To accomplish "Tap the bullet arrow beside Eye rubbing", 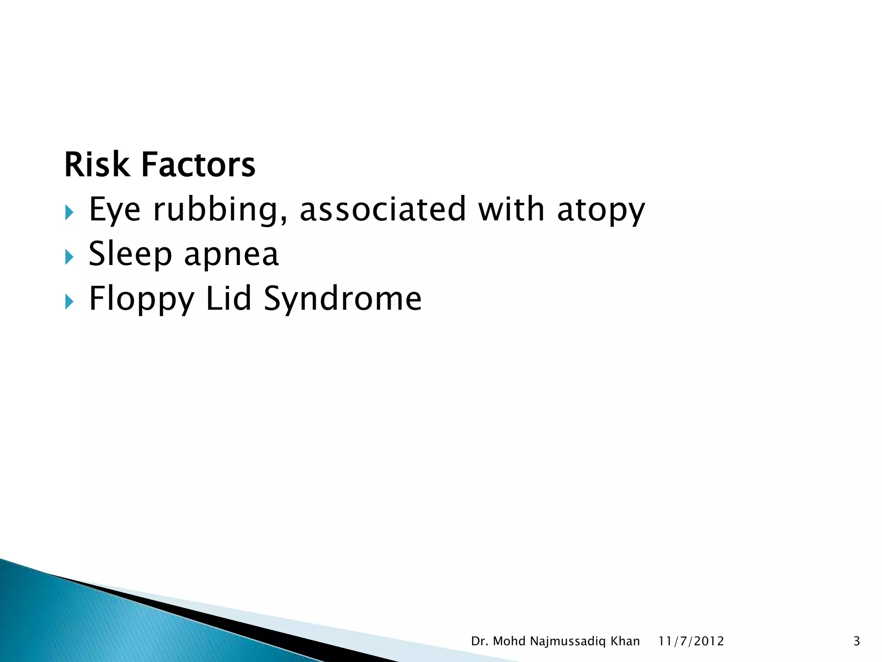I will click(69, 212).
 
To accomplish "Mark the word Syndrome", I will click(342, 299).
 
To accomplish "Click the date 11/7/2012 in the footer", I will click(691, 641).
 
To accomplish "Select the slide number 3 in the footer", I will click(857, 641).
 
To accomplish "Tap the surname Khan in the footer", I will click(625, 641).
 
